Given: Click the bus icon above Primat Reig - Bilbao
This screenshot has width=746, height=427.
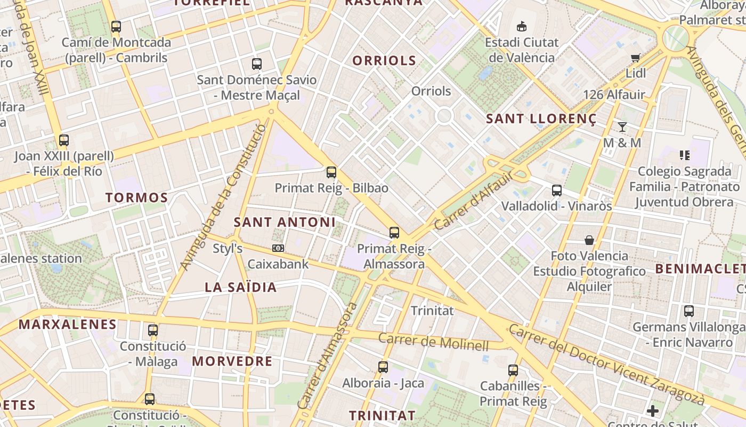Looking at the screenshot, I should click(x=331, y=172).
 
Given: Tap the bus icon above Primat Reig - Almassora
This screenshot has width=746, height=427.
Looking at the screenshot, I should click(x=394, y=233).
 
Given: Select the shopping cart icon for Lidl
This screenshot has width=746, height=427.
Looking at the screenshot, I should click(x=635, y=58).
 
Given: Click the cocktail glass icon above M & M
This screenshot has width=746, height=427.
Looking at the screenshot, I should click(x=622, y=127).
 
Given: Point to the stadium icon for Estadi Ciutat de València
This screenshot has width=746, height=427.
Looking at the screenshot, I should click(x=522, y=26).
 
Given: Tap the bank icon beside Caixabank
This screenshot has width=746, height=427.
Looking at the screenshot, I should click(x=278, y=248).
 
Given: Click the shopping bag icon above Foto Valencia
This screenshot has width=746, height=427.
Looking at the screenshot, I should click(x=589, y=240).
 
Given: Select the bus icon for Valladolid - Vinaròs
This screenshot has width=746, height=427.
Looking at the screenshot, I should click(x=557, y=190).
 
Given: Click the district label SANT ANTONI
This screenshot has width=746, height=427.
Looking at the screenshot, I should click(x=285, y=222).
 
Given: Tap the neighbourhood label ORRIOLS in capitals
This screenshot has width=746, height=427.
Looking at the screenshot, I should click(x=384, y=60).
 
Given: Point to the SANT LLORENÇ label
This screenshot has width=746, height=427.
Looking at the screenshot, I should click(x=541, y=119).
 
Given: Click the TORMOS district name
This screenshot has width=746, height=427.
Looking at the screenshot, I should click(x=137, y=197).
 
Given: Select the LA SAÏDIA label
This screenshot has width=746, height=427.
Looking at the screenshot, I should click(x=241, y=287).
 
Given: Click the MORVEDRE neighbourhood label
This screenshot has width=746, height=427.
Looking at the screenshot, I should click(x=232, y=361).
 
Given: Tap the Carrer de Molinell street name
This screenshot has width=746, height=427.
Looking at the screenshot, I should click(x=433, y=342).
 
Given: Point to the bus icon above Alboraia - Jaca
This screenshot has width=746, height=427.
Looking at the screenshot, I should click(x=383, y=367).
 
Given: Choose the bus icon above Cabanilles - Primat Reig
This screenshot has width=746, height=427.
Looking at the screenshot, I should click(x=513, y=370).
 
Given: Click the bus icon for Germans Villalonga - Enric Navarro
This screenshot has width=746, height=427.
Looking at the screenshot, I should click(x=689, y=311).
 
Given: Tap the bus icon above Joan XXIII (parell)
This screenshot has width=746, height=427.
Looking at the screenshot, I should click(x=64, y=140).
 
